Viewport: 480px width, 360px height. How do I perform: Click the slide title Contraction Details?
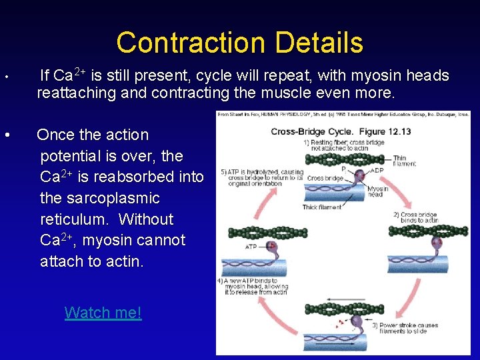tap(239, 43)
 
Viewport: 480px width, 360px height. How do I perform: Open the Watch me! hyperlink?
tap(103, 312)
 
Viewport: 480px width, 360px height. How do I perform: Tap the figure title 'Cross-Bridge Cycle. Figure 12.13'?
tap(341, 131)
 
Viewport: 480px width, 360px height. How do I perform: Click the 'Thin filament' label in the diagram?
tap(403, 161)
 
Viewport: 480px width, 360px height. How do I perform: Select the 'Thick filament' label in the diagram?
tap(321, 207)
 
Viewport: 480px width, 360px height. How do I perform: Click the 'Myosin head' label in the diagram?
tap(377, 192)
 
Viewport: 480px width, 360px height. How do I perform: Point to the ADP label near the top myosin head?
tap(377, 169)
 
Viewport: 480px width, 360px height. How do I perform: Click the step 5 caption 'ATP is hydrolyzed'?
tap(257, 177)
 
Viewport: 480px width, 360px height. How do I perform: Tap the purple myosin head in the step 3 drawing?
tap(356, 323)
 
